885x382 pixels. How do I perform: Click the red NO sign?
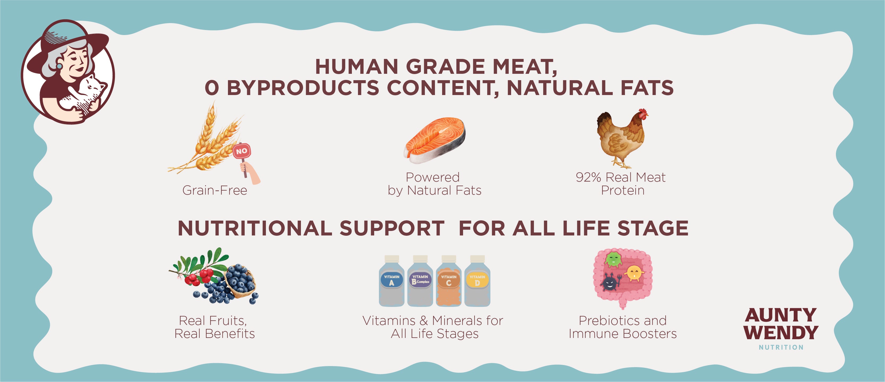(x=242, y=151)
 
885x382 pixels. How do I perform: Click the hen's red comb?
(x=643, y=112)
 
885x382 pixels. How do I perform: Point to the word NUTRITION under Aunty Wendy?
(x=781, y=347)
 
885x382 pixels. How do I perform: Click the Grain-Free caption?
(x=215, y=190)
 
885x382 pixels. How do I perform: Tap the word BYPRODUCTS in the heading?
(x=303, y=88)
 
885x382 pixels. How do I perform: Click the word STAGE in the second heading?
(x=653, y=229)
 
